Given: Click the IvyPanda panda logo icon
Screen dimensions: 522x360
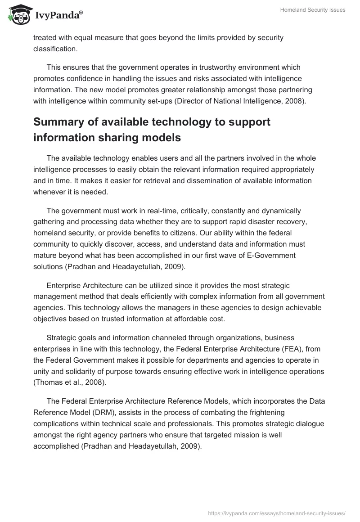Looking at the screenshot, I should (x=17, y=15).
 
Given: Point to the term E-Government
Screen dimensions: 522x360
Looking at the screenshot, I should (x=272, y=256).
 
